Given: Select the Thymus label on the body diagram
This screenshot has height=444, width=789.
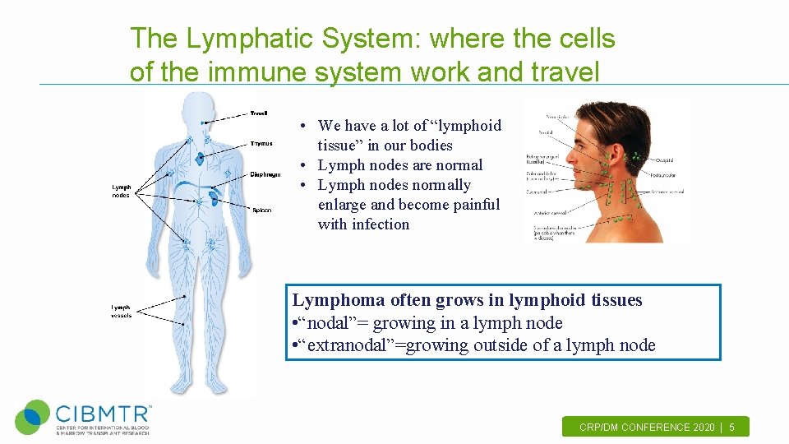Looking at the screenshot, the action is tap(261, 144).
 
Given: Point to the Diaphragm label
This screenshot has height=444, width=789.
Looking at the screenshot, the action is tap(265, 174).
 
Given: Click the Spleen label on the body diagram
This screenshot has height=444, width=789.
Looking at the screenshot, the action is tap(261, 210).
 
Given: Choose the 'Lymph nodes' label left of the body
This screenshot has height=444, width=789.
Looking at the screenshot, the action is tap(122, 192).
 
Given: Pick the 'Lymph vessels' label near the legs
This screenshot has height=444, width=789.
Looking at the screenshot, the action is tap(122, 312).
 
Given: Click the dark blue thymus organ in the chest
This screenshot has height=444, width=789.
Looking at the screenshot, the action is tap(202, 157).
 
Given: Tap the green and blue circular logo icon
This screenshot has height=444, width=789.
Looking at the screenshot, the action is tap(33, 417).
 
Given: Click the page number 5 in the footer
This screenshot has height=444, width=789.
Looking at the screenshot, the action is tap(732, 428).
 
